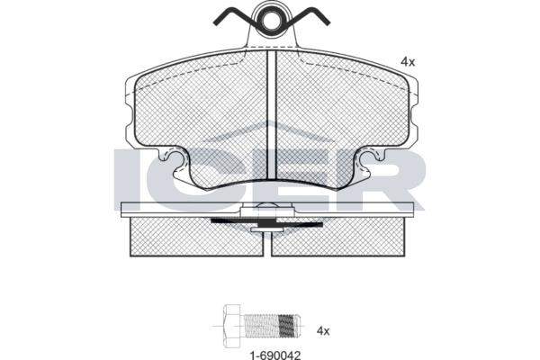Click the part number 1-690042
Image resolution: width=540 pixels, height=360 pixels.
[274, 355]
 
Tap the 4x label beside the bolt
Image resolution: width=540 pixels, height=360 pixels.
[323, 331]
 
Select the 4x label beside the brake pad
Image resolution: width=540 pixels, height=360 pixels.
[408, 62]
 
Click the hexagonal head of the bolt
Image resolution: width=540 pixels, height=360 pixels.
[232, 326]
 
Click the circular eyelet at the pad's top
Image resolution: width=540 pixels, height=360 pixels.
[272, 20]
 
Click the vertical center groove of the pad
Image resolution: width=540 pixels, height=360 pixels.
[272, 114]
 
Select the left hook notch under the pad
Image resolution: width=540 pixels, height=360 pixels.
[176, 163]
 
